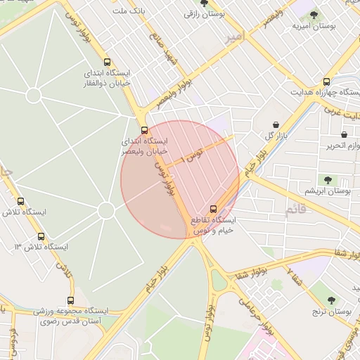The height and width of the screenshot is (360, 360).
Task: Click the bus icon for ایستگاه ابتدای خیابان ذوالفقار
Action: tap(107, 61)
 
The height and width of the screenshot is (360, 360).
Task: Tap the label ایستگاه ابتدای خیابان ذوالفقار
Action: tap(108, 77)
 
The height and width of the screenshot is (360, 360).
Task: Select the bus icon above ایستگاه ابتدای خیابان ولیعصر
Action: tap(145, 130)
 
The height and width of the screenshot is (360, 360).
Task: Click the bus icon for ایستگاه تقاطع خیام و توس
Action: tap(214, 209)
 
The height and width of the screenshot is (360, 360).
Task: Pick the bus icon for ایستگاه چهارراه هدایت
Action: tap(326, 82)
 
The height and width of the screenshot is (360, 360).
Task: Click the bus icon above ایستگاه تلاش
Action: tap(20, 201)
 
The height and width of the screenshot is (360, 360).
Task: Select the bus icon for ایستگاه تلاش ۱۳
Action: tap(41, 236)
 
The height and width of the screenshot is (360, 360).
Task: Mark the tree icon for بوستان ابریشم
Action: tap(328, 180)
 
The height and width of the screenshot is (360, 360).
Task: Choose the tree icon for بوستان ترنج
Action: tap(331, 300)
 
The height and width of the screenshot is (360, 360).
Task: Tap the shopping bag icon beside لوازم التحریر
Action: tap(344, 134)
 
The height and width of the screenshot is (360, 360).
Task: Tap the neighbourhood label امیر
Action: tap(233, 39)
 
